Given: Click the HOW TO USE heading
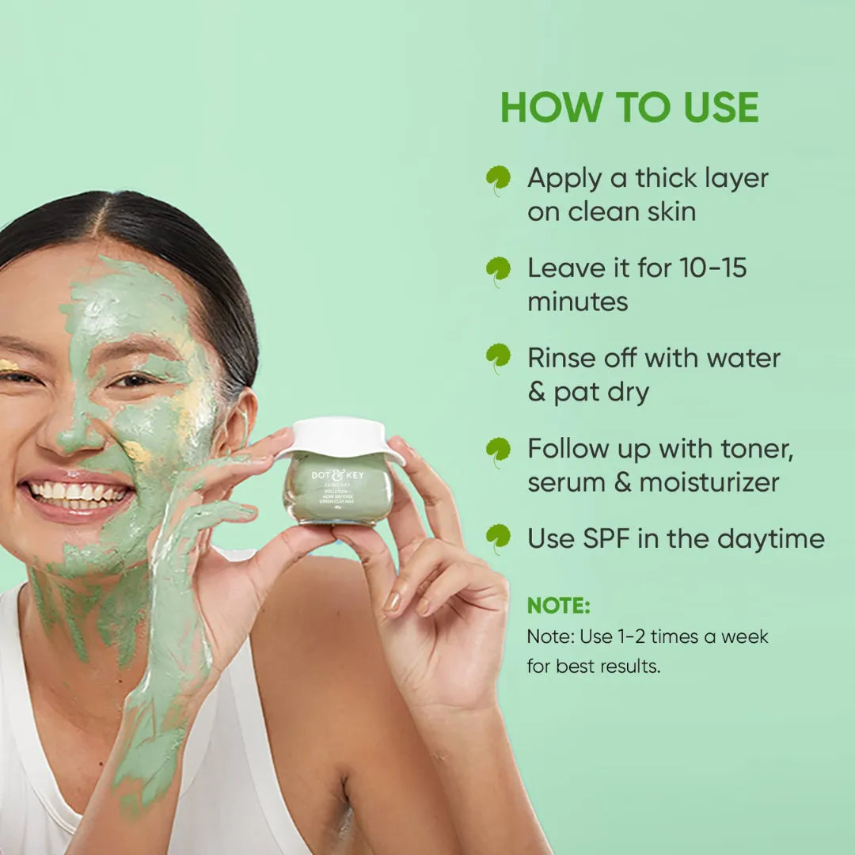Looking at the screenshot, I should (x=629, y=108).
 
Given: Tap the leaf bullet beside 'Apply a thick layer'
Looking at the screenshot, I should (x=498, y=180).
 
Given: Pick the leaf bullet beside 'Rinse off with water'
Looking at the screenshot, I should (x=498, y=358).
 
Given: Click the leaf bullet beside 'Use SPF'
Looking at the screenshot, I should (x=498, y=538).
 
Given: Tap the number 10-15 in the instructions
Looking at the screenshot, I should (x=713, y=268).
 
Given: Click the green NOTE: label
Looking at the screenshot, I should (x=559, y=606).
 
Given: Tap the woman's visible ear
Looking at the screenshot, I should (x=240, y=420).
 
